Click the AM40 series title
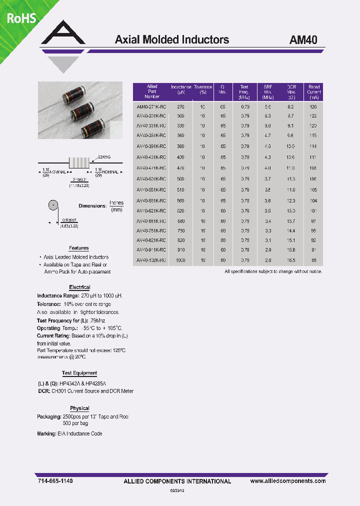tap(303, 40)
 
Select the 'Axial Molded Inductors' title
tap(172, 40)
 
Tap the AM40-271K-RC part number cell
tap(152, 107)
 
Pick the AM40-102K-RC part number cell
tap(152, 260)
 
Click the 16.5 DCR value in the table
tap(291, 260)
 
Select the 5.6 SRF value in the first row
tap(268, 107)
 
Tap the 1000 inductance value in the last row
tap(181, 260)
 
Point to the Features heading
tap(78, 248)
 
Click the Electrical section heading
tap(79, 287)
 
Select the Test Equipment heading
tap(79, 373)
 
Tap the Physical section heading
tap(79, 408)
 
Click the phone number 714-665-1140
tap(55, 481)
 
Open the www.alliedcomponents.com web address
tap(287, 481)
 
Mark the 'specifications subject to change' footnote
tap(273, 271)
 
